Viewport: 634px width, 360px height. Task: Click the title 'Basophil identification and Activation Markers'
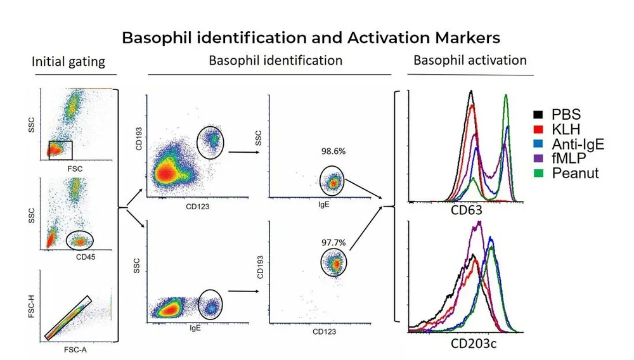(311, 37)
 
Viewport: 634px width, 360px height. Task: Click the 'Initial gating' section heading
(68, 62)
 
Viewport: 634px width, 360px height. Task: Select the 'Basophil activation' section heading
(470, 61)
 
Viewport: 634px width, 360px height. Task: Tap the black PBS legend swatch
(538, 115)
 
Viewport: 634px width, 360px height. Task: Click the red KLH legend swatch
(538, 129)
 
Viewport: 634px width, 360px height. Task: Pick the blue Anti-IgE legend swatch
(538, 144)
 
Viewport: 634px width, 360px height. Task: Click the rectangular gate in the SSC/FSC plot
(61, 150)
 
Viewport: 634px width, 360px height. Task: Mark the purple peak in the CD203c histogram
(480, 223)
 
